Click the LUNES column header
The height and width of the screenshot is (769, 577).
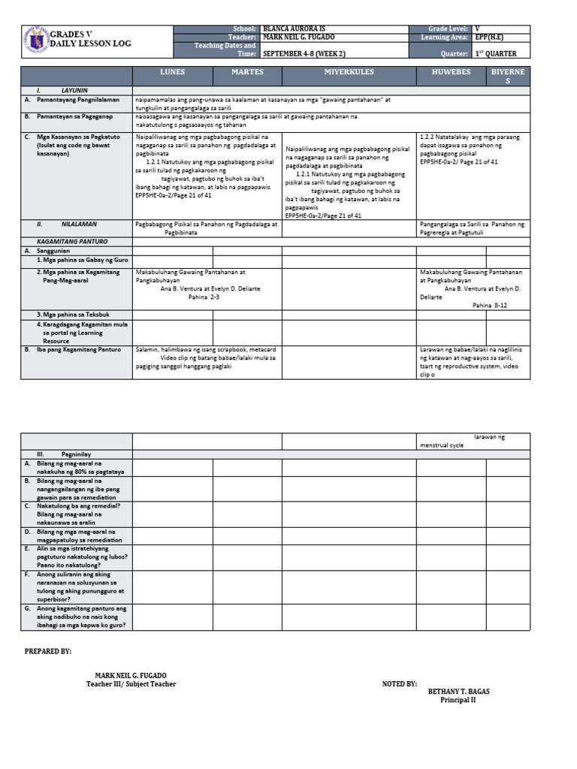click(x=172, y=72)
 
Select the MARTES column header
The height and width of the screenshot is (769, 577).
click(x=246, y=72)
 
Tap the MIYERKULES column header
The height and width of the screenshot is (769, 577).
click(x=349, y=72)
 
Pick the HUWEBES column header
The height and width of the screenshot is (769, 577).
click(x=451, y=72)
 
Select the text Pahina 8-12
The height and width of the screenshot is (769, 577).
click(x=490, y=306)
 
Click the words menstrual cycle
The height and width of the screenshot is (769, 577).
click(x=442, y=445)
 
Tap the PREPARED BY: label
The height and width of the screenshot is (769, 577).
click(x=49, y=652)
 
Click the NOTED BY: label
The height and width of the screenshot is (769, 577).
click(x=400, y=684)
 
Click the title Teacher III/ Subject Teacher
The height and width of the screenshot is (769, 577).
click(x=131, y=684)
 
